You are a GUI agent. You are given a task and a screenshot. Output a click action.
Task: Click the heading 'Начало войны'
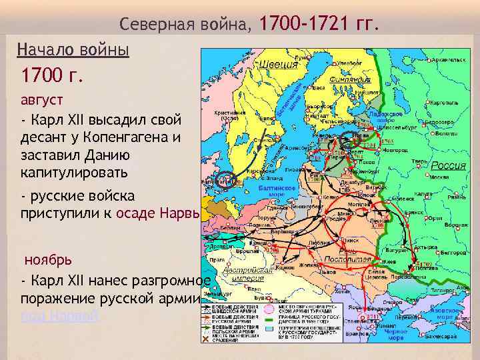[x=73, y=49]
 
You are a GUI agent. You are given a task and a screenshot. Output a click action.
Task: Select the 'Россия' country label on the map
[x=448, y=165]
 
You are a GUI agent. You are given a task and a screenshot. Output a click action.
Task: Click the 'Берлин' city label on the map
[x=233, y=227]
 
